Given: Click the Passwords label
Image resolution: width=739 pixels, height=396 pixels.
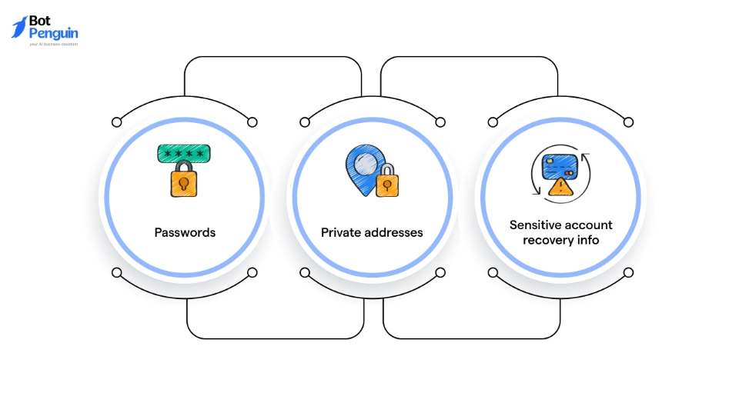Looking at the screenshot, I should (x=185, y=232).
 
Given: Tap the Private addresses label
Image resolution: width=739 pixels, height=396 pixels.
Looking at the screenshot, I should (x=372, y=232).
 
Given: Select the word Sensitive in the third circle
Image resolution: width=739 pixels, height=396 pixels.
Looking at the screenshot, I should (x=535, y=225).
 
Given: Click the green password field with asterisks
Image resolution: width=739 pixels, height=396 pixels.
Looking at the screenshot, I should (x=185, y=153).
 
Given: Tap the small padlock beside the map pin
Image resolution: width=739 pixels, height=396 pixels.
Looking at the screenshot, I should (x=387, y=183).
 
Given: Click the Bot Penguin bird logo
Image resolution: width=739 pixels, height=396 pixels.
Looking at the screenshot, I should (x=19, y=27).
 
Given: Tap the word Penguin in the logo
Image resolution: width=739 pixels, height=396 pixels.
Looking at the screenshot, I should (x=54, y=34).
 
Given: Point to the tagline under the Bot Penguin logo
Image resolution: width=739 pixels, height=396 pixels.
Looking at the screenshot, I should (x=53, y=45).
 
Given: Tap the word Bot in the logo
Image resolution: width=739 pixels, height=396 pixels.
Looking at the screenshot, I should (x=40, y=21).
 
